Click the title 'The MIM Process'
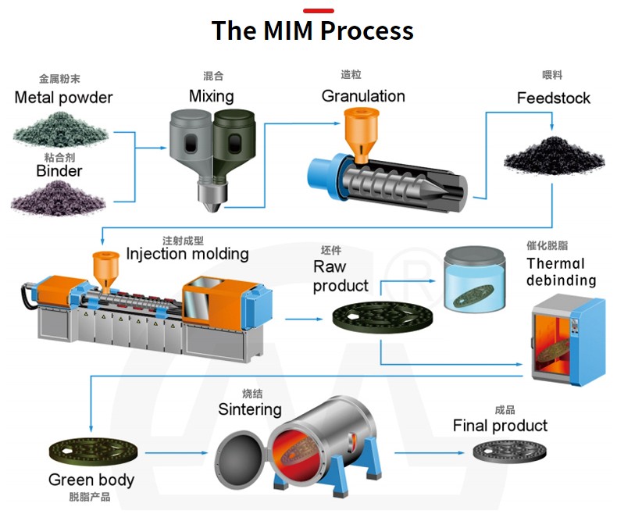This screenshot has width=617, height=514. pos(312,31)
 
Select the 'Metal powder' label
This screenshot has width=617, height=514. pos(63,98)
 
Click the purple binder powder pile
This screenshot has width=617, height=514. pos(58,195)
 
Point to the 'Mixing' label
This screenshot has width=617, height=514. pos(211,96)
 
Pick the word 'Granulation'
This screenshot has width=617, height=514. pos(363,96)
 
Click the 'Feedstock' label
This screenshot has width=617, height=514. pos(553,98)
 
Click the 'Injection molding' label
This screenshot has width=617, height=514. pos(187,254)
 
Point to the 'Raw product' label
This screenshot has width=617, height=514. pos(341,277)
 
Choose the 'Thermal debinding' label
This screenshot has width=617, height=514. pos(561,272)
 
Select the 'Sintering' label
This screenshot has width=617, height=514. pos(250,409)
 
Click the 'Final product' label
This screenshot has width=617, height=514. pos(500,426)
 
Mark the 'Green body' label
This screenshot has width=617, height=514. pos(91,480)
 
